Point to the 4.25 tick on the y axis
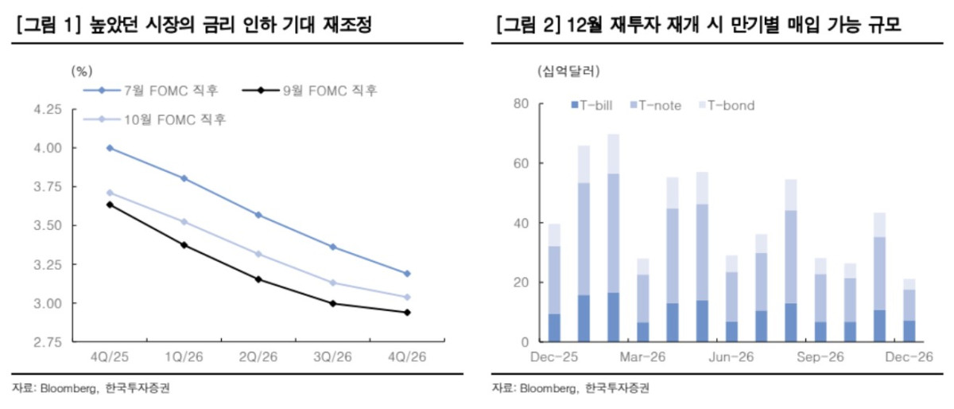pyautogui.click(x=50, y=109)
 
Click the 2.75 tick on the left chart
pyautogui.click(x=50, y=342)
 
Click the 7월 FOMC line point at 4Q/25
pyautogui.click(x=109, y=148)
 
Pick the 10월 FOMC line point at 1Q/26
pyautogui.click(x=184, y=222)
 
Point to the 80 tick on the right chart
pyautogui.click(x=520, y=104)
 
